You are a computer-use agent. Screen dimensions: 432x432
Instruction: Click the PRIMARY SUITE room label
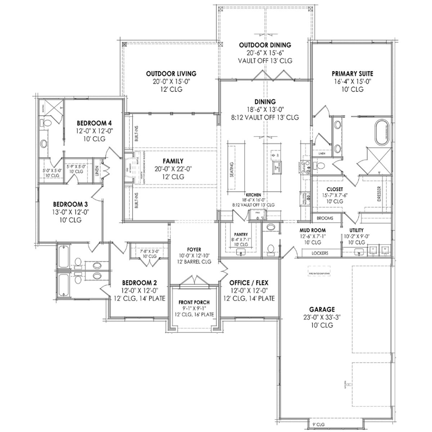352,73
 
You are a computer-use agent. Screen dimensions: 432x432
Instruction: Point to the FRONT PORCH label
194,302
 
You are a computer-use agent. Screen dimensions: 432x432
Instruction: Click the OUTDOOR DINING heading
265,45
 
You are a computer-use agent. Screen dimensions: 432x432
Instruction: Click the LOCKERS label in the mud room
320,253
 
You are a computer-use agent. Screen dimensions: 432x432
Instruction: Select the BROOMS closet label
325,218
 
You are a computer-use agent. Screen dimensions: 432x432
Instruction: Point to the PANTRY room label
240,234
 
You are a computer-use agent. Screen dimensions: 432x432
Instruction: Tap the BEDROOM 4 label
91,123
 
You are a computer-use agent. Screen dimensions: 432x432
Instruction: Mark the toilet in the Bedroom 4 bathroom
46,123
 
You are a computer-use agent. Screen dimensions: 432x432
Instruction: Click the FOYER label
194,249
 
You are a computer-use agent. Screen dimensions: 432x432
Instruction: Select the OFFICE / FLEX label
249,283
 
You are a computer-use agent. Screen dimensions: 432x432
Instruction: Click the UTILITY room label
356,230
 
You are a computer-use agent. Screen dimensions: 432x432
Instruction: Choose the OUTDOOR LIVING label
171,73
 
